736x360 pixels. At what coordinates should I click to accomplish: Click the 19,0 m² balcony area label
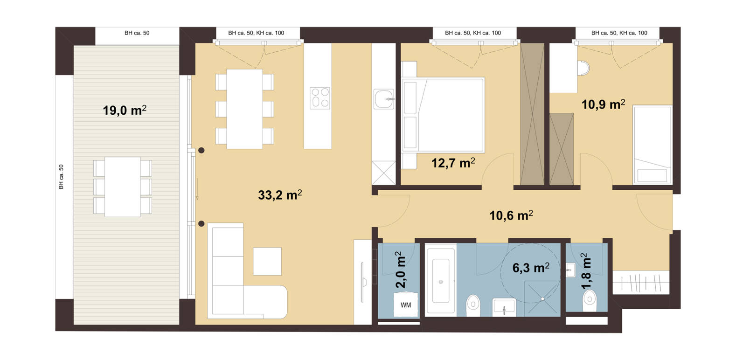[125, 110]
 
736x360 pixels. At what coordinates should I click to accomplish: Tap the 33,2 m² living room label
[280, 195]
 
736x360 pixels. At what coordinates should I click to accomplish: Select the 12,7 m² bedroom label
[453, 163]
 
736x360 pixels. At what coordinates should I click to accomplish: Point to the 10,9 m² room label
[603, 104]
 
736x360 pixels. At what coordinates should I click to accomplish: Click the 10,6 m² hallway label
[511, 215]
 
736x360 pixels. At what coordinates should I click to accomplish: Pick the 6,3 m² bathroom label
[531, 268]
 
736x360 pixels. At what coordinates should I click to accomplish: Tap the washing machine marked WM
[406, 305]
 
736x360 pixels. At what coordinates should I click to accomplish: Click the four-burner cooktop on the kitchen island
[319, 98]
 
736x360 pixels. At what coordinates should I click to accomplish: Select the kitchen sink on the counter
[384, 99]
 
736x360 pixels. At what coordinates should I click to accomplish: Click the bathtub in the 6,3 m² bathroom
[441, 280]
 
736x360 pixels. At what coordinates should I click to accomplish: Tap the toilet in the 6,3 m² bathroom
[473, 305]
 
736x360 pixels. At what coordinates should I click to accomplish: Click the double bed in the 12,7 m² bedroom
[443, 115]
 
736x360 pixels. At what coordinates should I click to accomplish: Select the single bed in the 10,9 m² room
[653, 145]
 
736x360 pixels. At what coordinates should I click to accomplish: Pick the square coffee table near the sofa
[267, 261]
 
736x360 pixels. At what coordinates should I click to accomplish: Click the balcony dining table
[123, 187]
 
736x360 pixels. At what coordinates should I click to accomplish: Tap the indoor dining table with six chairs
[244, 109]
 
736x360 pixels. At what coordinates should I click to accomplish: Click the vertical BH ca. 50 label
[61, 177]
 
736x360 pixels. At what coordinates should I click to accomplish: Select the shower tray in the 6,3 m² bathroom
[542, 298]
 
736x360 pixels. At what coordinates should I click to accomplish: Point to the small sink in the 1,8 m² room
[571, 270]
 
